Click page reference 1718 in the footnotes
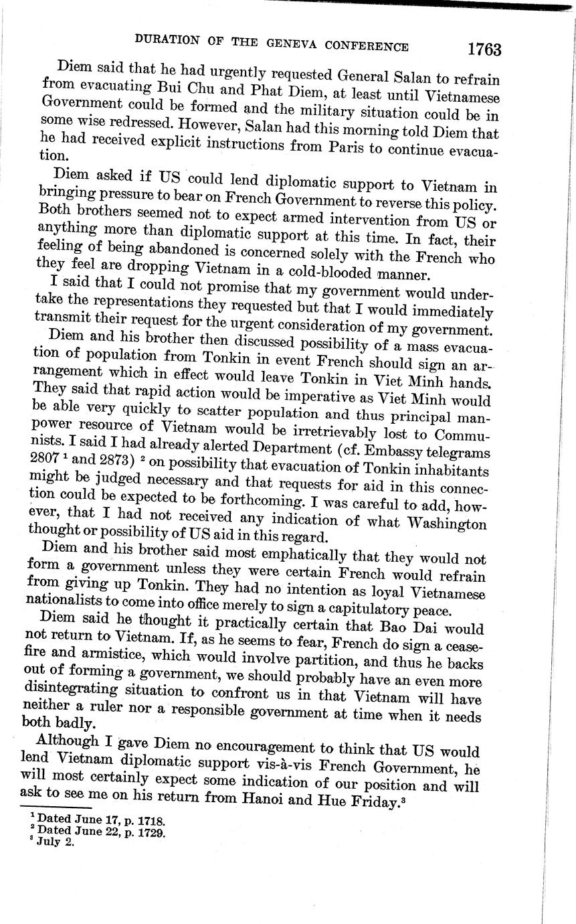150,820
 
